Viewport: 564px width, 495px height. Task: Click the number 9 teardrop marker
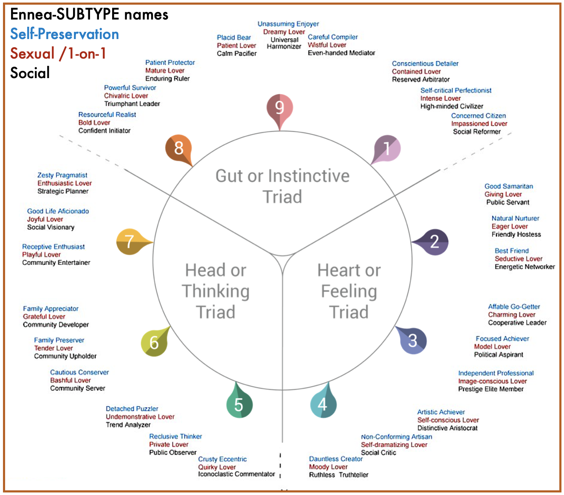point(279,108)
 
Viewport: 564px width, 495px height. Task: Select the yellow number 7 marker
point(130,242)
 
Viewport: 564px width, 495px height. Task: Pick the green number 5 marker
point(239,405)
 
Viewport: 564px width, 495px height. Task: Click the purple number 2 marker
point(434,242)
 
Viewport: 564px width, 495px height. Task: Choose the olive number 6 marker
point(154,342)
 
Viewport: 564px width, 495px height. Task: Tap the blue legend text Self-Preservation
point(65,34)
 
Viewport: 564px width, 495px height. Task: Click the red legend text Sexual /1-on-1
point(58,53)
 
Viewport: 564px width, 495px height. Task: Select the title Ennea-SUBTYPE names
point(89,14)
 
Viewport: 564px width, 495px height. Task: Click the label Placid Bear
point(234,37)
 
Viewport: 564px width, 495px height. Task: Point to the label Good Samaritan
point(508,186)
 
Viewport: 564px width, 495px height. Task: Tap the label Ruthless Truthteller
point(338,475)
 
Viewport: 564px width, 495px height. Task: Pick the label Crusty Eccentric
point(222,459)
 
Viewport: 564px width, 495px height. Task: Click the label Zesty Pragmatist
point(62,175)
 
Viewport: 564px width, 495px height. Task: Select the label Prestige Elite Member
point(491,389)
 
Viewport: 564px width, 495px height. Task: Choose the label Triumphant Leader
point(132,104)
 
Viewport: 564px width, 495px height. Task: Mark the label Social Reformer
point(477,132)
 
